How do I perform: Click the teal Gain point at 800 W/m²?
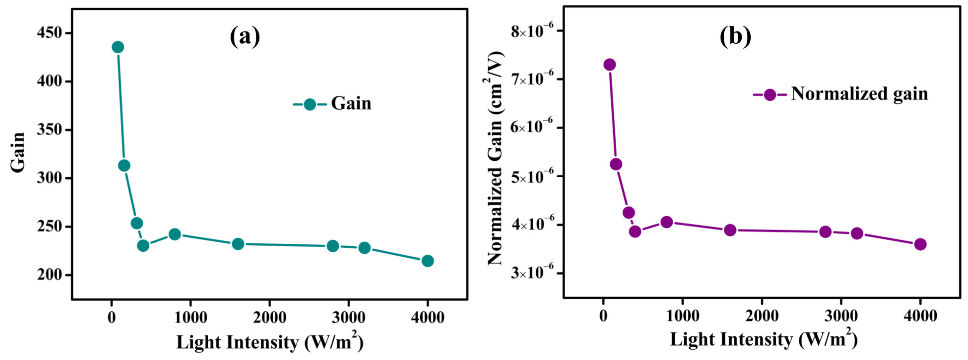175,234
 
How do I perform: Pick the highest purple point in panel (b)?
610,65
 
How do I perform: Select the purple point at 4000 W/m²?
920,244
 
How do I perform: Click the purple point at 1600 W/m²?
730,230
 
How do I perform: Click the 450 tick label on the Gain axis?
49,33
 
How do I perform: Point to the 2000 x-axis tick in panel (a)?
269,318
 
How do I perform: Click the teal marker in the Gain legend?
310,104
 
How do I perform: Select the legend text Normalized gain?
859,94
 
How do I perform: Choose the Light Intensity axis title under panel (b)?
764,339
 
